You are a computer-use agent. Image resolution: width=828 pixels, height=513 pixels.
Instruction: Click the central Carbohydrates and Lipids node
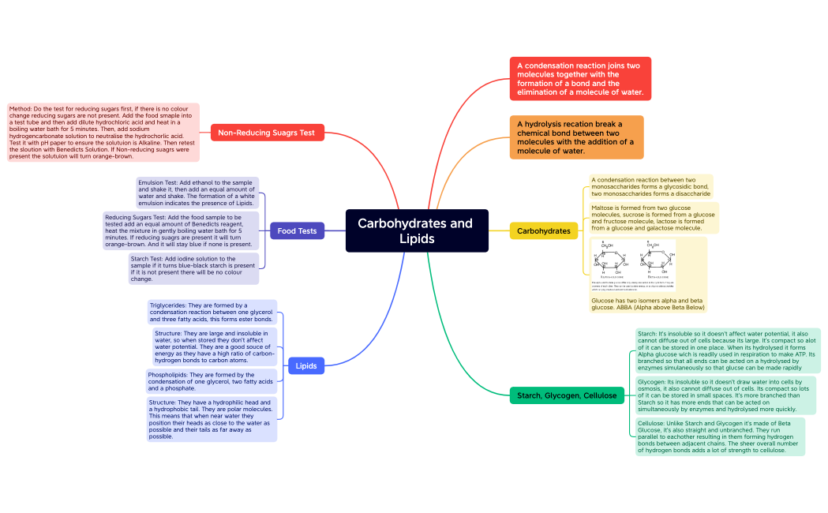click(417, 230)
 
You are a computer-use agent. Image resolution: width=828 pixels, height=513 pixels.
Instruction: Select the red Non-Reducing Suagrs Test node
click(267, 133)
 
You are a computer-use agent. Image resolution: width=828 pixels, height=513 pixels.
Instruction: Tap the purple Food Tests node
click(297, 231)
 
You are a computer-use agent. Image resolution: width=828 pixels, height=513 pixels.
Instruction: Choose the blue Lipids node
click(306, 366)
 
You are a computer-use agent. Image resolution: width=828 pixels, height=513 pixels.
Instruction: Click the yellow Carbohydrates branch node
click(543, 231)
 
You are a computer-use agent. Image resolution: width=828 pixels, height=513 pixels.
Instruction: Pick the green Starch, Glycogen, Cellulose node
click(566, 395)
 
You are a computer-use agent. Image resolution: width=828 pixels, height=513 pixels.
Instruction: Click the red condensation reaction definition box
click(580, 79)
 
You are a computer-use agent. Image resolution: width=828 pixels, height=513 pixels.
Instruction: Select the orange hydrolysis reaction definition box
click(575, 137)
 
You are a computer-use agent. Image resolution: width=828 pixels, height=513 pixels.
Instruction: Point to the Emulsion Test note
click(197, 193)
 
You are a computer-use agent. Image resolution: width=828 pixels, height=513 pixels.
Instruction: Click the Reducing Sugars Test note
click(181, 230)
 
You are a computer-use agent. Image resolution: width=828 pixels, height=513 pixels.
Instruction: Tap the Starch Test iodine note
click(193, 269)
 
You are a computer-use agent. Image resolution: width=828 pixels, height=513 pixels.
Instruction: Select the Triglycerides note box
click(212, 312)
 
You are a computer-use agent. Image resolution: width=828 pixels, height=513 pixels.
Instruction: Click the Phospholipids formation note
click(211, 381)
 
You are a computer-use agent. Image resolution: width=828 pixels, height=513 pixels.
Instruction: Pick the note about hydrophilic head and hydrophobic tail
click(212, 419)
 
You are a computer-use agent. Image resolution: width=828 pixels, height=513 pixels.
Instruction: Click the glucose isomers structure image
click(634, 264)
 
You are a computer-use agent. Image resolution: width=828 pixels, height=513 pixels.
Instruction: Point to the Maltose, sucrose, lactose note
click(654, 218)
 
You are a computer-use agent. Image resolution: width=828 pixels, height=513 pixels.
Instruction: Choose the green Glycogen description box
click(725, 395)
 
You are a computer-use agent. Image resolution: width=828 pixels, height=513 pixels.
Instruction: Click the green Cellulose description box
click(720, 436)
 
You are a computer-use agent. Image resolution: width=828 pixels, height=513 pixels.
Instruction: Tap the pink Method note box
click(103, 132)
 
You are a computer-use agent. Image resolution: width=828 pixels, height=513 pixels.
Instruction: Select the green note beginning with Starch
click(727, 350)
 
